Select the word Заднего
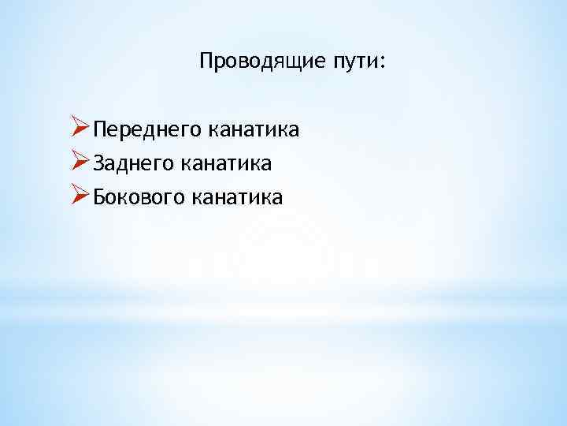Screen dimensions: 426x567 [133, 163]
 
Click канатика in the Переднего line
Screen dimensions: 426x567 [252, 129]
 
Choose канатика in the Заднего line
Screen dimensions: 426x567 [227, 163]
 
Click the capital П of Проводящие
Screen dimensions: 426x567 [207, 60]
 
